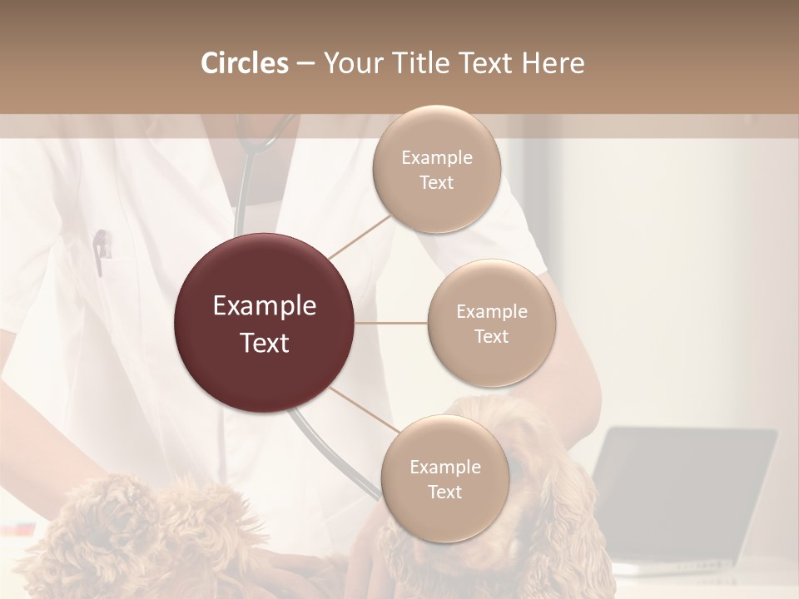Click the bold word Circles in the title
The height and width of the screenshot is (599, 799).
click(245, 63)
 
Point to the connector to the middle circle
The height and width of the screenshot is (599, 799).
click(391, 323)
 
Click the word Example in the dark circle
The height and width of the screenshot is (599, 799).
click(265, 306)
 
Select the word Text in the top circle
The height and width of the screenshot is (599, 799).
click(437, 183)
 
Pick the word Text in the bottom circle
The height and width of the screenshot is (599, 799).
click(444, 493)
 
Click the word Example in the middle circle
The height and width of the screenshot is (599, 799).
click(492, 312)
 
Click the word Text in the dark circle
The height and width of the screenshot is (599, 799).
click(265, 343)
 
